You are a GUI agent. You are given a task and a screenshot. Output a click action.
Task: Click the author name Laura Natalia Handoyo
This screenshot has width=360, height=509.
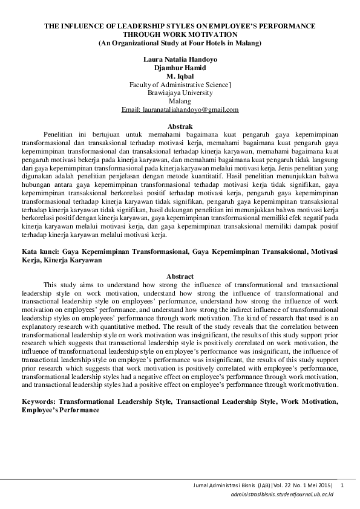click(179, 61)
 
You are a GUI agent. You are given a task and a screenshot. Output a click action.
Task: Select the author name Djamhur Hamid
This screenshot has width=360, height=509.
click(180, 69)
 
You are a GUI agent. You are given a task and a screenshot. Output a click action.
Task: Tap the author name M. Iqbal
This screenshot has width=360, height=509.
click(180, 77)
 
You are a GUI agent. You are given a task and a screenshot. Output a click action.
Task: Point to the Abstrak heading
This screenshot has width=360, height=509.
click(180, 123)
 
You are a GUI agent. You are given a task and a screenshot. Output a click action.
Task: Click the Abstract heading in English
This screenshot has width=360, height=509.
click(180, 276)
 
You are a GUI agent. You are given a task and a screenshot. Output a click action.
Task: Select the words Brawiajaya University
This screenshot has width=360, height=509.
click(180, 93)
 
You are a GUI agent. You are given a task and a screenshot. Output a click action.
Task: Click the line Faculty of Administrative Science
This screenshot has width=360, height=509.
click(180, 85)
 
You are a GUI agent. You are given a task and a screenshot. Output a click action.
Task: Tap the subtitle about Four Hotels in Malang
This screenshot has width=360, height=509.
click(180, 44)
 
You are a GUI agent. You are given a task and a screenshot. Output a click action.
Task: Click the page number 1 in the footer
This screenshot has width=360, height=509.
click(342, 485)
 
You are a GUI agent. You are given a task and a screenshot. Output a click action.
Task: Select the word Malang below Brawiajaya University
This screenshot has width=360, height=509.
click(180, 102)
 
